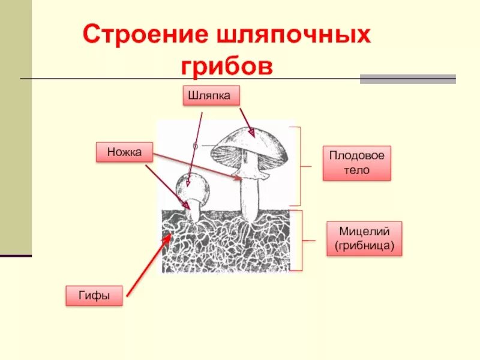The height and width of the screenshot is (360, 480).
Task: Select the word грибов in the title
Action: (227, 66)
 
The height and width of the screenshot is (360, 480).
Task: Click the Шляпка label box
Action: (212, 95)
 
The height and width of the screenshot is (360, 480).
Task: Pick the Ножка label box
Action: (125, 152)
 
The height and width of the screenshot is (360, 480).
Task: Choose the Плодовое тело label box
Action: (356, 163)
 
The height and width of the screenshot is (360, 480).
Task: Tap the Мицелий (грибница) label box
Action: (364, 238)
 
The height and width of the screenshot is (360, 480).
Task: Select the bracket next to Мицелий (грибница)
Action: (302, 241)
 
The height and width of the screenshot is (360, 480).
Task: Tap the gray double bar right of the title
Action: (407, 79)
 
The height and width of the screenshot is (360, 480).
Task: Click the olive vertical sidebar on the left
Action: (16, 126)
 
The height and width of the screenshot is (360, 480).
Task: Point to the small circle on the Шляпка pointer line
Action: (195, 146)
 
